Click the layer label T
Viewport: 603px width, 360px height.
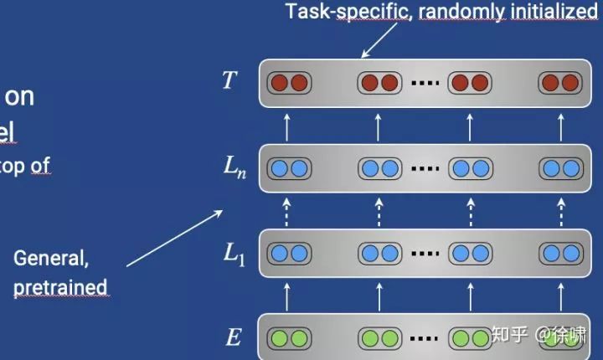click(229, 80)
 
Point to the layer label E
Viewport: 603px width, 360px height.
click(234, 337)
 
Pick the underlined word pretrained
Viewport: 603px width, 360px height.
click(60, 287)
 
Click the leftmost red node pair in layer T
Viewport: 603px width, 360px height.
click(288, 83)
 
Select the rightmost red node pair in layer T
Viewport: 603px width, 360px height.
click(559, 83)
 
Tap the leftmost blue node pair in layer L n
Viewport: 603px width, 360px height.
click(288, 168)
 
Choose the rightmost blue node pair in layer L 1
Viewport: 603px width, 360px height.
click(559, 253)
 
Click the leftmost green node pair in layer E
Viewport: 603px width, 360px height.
click(288, 338)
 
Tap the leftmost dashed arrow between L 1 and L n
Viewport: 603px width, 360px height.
click(287, 210)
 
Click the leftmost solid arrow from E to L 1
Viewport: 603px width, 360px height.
click(287, 296)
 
